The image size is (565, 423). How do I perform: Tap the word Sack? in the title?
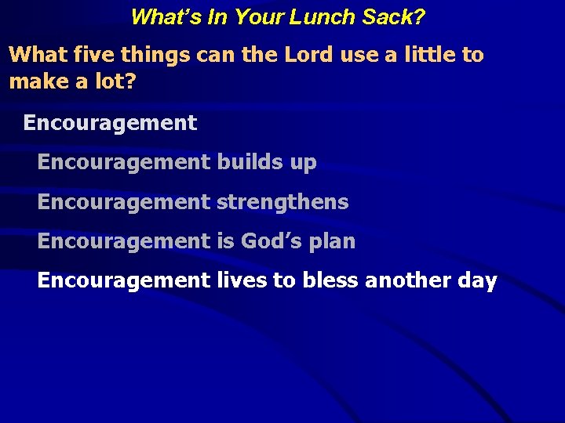(x=396, y=16)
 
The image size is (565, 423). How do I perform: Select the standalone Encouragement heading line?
(x=110, y=123)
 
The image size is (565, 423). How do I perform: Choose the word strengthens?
(x=282, y=202)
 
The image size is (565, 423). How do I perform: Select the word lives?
(x=241, y=280)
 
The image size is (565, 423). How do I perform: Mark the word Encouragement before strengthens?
(x=124, y=202)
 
